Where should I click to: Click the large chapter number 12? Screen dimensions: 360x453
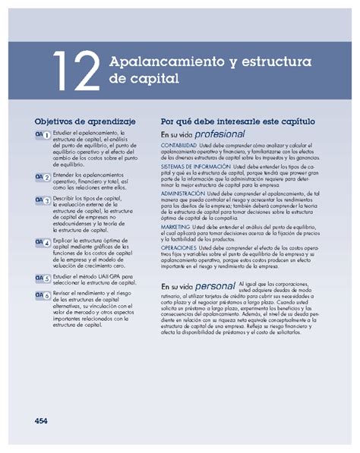pyautogui.click(x=76, y=69)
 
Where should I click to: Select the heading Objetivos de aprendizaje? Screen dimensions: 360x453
pyautogui.click(x=84, y=121)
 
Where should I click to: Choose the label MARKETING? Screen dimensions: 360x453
pyautogui.click(x=175, y=225)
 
